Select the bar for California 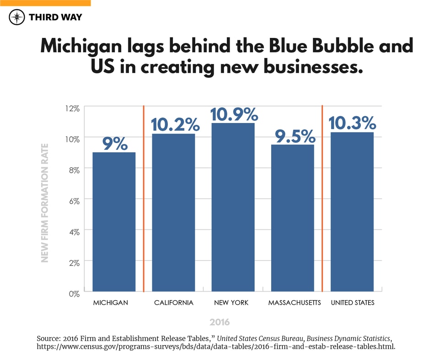coord(173,213)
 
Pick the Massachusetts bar coord(293,218)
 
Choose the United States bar coord(352,212)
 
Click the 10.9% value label coord(233,114)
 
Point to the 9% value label coord(114,144)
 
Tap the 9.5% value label coord(293,136)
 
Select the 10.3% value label coord(352,123)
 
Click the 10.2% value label coord(174,124)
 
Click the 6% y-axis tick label coord(74,201)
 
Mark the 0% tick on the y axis coord(74,293)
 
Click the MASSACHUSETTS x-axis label coord(294,303)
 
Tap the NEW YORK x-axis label coord(233,303)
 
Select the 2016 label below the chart coord(219,322)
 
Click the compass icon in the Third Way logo coord(17,17)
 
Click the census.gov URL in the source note coord(215,347)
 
